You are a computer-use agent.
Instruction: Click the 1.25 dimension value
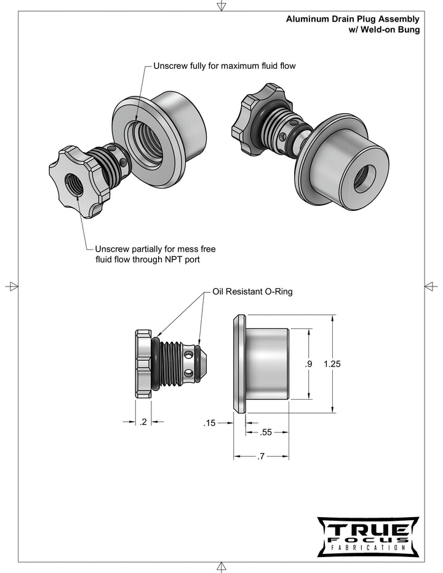pos(332,364)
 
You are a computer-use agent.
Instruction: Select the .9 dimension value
pos(308,364)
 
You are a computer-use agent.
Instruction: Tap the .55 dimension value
pos(266,432)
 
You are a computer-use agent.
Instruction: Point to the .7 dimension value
pos(261,457)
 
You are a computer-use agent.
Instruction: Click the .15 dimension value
pos(210,423)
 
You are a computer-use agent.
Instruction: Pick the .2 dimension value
pos(143,422)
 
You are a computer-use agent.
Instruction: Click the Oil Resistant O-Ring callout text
pos(252,291)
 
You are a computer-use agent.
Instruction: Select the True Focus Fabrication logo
pos(367,536)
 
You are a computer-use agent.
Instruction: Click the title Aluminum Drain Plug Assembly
pos(353,20)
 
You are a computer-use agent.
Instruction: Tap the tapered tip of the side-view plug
pos(207,363)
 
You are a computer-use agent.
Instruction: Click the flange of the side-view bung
pos(239,363)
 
